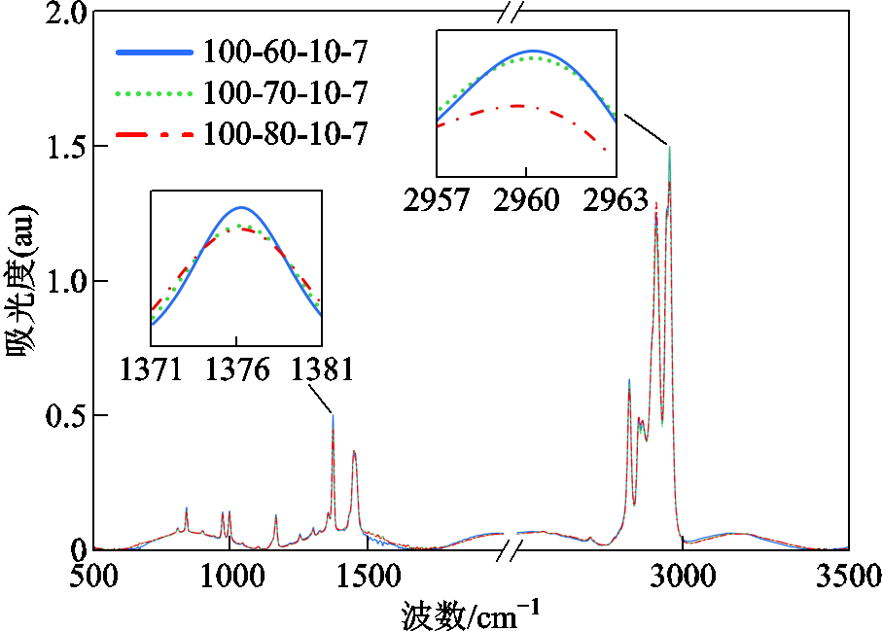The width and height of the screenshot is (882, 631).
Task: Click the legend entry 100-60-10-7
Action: coord(285,52)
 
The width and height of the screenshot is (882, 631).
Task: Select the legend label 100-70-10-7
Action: coord(285,92)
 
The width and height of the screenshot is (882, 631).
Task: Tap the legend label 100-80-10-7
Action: coord(285,134)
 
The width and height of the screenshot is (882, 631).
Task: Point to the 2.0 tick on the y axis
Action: coord(66,14)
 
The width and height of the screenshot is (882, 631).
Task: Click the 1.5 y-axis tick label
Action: coord(66,147)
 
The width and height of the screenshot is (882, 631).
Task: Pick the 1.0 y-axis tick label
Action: coord(66,281)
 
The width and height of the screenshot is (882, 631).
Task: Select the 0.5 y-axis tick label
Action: coord(66,415)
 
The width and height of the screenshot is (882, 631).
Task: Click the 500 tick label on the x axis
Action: coord(94,576)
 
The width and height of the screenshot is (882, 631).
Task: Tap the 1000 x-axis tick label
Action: coord(231,576)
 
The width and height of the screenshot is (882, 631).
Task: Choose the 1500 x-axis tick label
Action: coord(368,576)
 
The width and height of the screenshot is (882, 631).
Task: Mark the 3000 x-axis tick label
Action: coord(683,576)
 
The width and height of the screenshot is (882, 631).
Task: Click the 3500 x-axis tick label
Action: coord(848,576)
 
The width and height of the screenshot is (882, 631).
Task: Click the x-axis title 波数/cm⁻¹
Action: coord(471,615)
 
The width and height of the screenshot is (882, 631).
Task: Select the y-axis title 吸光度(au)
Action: coord(20,281)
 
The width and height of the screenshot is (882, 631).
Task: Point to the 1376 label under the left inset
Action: coord(237,369)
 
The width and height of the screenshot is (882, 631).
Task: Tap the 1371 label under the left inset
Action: coord(151,369)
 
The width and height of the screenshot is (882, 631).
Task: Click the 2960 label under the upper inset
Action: coord(526,200)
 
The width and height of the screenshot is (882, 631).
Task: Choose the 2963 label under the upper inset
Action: coord(616,200)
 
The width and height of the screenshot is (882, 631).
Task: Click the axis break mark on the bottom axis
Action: coord(511,549)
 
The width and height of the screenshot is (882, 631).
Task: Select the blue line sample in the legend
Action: coord(154,53)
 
